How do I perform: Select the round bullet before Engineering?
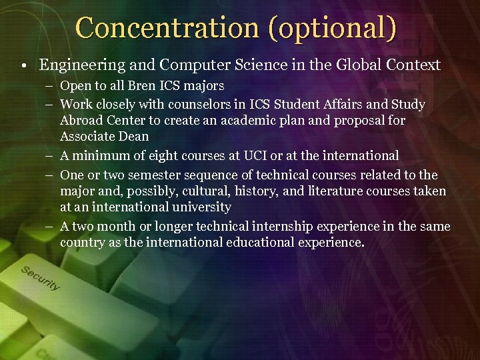(23, 65)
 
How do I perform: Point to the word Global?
(365, 65)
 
